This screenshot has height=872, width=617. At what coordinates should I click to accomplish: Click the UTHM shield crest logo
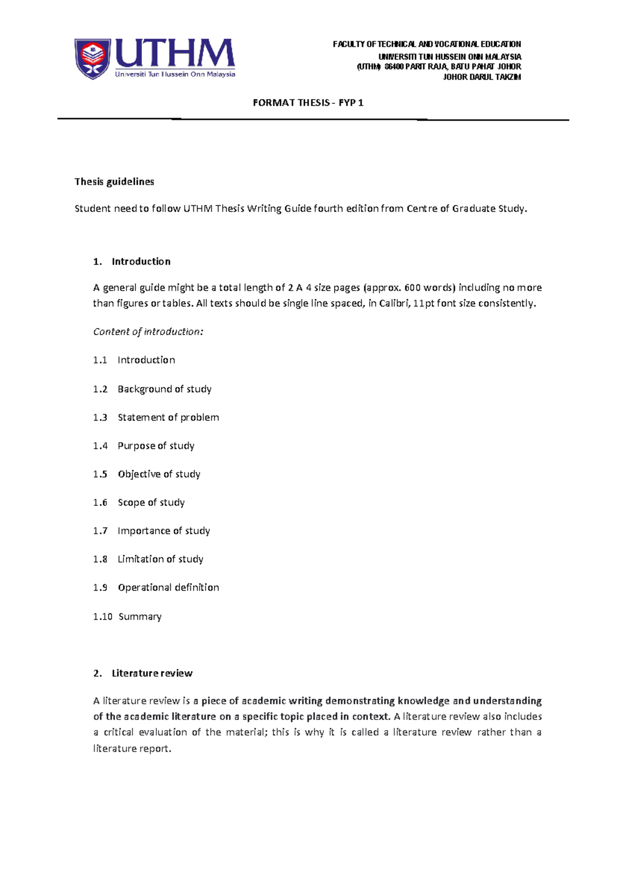(x=93, y=59)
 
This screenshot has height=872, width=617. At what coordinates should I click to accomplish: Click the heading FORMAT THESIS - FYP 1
(x=308, y=103)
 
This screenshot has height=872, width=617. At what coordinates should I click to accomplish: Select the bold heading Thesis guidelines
(x=114, y=181)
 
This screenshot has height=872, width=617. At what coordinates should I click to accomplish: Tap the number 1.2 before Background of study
(x=100, y=389)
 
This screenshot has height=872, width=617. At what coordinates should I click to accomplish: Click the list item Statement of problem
(x=168, y=417)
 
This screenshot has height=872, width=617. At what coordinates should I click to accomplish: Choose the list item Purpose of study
(x=156, y=446)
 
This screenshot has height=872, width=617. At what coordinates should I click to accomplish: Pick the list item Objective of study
(x=159, y=474)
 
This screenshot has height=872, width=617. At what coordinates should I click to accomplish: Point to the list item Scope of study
(x=151, y=502)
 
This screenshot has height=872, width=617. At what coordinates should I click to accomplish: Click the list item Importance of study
(x=164, y=531)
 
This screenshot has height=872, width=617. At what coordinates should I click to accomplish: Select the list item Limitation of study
(x=160, y=559)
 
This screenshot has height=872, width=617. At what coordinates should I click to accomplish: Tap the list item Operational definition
(x=168, y=587)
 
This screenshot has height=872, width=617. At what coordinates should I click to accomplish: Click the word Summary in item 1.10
(x=140, y=616)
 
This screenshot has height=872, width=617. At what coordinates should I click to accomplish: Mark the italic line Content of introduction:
(x=148, y=332)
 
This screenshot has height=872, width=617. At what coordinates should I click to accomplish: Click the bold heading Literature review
(x=152, y=673)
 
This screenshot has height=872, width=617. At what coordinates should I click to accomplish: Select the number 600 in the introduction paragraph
(x=412, y=287)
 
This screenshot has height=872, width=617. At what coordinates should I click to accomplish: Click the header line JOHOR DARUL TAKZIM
(x=482, y=77)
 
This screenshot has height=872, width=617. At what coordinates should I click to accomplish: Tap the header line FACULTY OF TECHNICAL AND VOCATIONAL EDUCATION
(x=427, y=44)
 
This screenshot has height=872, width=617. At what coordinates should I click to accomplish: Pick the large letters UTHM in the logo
(x=175, y=53)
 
